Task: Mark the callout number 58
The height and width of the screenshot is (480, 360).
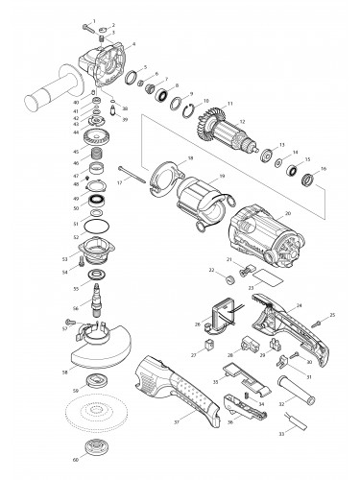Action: pos(64,372)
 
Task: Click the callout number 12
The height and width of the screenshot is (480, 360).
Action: pos(243,121)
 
